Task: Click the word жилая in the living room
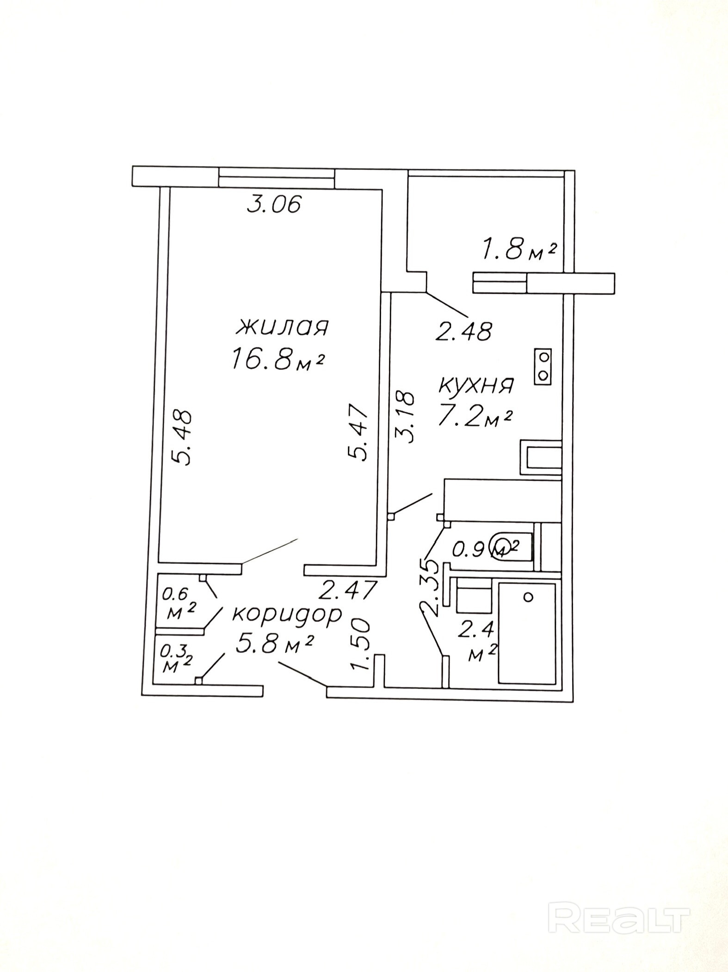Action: [282, 327]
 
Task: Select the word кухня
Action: [476, 385]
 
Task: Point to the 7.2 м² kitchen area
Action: [475, 416]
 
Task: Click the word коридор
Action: [287, 614]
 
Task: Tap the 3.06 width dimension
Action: [274, 204]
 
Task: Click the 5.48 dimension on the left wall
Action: [182, 437]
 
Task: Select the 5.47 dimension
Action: [358, 432]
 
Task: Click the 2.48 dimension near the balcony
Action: [464, 331]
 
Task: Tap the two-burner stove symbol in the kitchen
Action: [543, 366]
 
